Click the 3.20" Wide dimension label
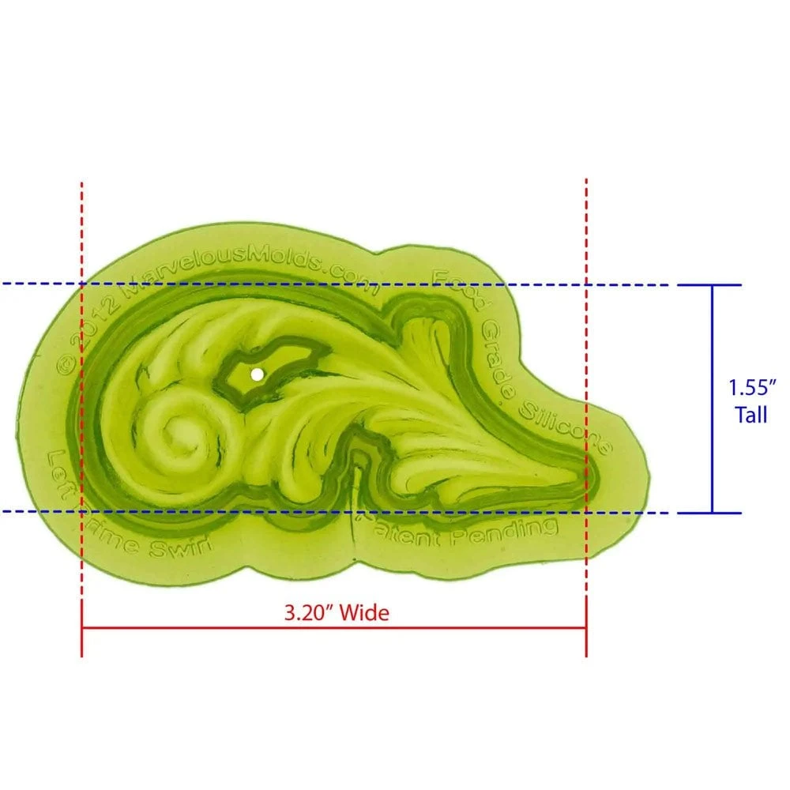(337, 611)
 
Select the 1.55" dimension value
(754, 388)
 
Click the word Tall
(750, 415)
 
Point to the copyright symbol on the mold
(66, 364)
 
